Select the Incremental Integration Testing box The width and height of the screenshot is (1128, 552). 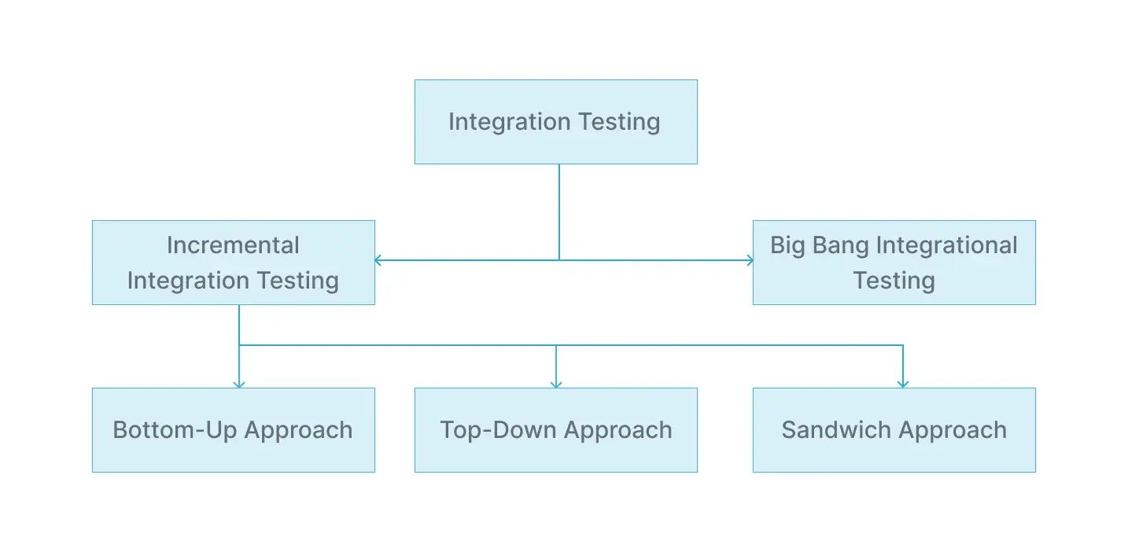[233, 263]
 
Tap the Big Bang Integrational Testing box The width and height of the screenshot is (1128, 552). [894, 263]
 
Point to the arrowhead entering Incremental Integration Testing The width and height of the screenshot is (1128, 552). [378, 260]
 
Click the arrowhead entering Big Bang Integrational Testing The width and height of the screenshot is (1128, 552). [749, 260]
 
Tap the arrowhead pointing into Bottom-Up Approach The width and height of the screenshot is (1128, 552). [239, 383]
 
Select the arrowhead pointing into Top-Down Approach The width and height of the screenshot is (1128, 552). [556, 383]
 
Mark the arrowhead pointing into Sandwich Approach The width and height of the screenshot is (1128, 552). [903, 383]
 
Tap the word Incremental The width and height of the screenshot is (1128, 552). [233, 245]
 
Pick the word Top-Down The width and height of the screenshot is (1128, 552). [499, 430]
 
